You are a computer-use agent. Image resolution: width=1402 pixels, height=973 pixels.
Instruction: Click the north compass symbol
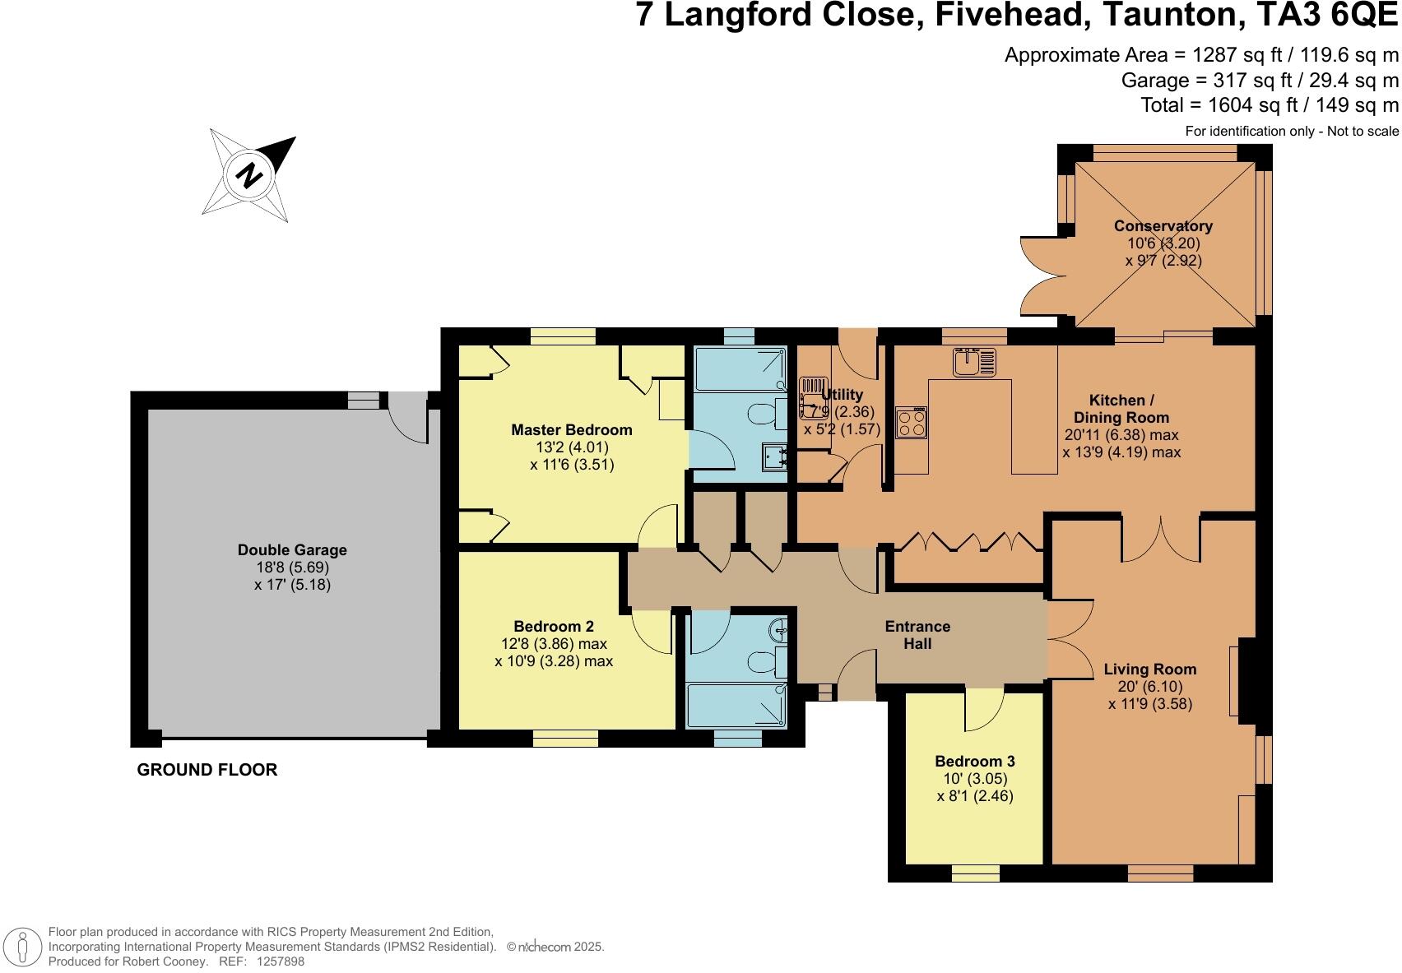tap(250, 174)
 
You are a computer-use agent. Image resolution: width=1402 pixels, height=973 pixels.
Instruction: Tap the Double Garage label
tap(292, 550)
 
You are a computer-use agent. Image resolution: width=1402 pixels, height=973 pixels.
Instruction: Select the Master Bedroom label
tap(571, 429)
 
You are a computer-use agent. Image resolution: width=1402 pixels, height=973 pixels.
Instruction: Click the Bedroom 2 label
tap(553, 626)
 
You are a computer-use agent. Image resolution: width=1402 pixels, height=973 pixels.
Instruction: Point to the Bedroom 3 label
tap(974, 761)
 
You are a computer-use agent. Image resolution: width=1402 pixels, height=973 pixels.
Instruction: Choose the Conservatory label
tap(1163, 226)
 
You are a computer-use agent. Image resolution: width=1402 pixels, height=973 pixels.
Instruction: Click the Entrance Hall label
tap(917, 635)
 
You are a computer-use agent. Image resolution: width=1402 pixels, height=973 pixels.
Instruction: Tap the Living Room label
tap(1149, 669)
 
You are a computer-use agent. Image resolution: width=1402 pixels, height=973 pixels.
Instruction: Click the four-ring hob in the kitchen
tap(911, 424)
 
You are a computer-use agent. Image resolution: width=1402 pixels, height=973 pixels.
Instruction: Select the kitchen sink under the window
tap(973, 362)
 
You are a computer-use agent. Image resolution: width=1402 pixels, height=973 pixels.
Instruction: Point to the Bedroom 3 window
tap(976, 873)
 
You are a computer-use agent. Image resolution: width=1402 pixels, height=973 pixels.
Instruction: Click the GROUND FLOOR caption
tap(207, 770)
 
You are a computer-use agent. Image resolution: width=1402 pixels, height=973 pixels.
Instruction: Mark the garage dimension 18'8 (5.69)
tap(292, 568)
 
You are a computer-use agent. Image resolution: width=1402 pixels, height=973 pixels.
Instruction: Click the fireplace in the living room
tap(1244, 680)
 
